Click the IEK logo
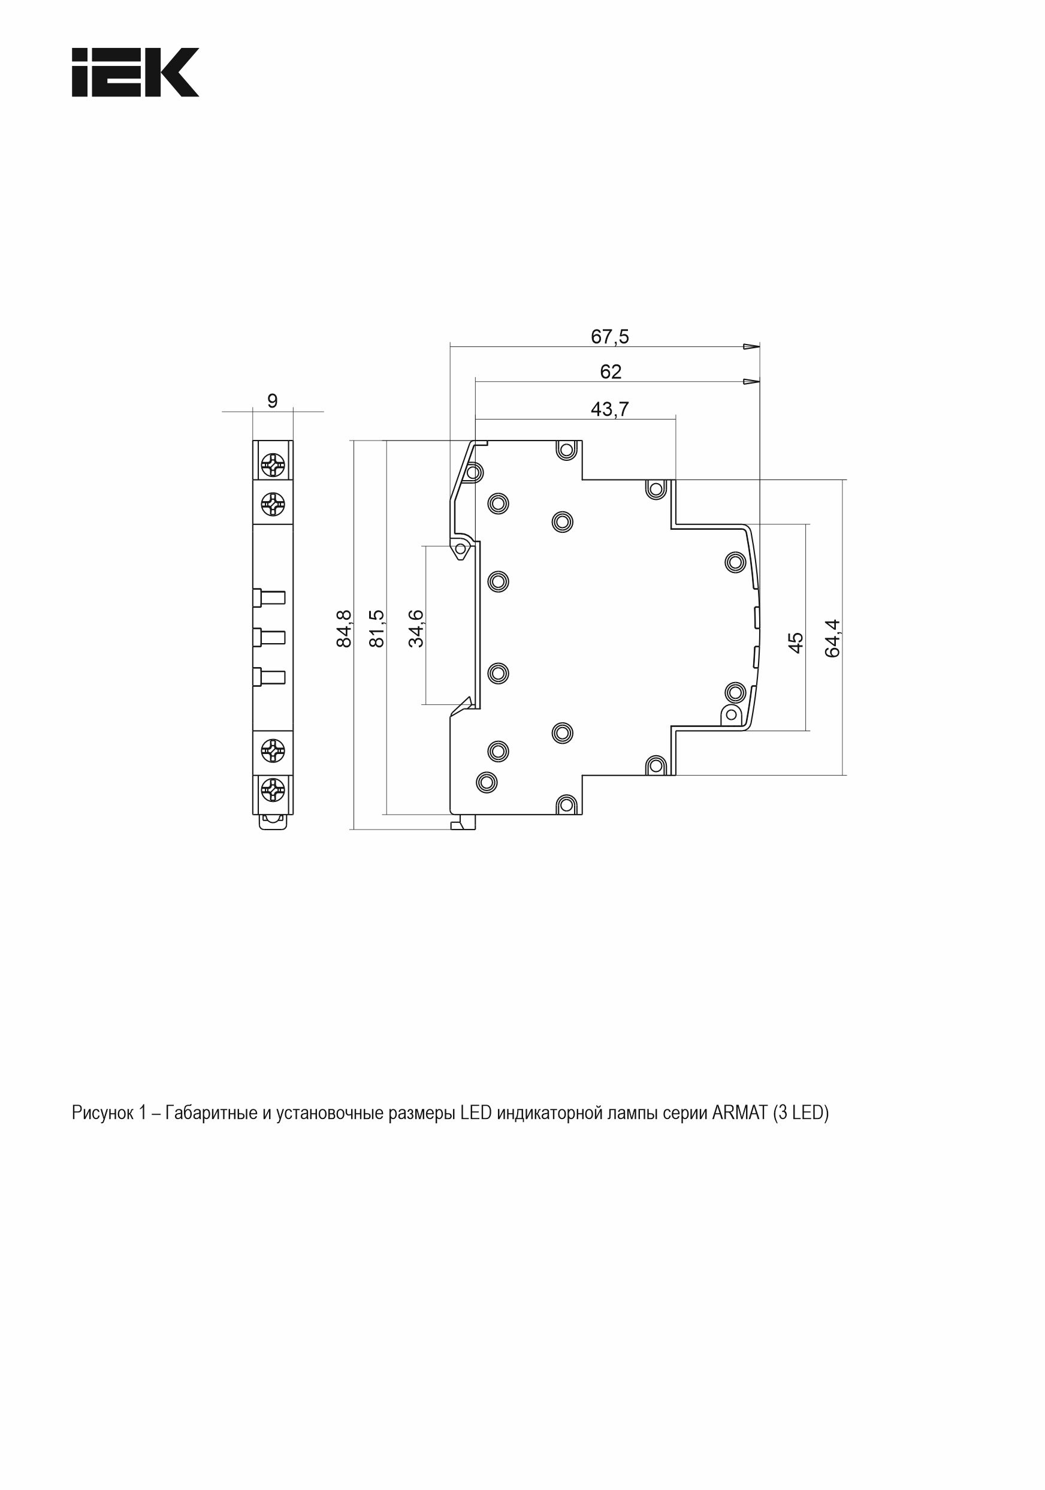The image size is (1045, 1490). click(135, 72)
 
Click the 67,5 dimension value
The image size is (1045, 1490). click(610, 336)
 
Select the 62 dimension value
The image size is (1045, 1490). click(611, 371)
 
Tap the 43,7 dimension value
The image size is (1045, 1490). click(610, 409)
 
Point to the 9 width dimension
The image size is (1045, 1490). click(273, 401)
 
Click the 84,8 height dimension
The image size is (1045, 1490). click(344, 628)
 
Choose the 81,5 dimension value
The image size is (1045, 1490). click(376, 628)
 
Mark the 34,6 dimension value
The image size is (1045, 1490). click(416, 628)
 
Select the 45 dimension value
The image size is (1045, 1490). click(795, 643)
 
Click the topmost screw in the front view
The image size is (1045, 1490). click(273, 465)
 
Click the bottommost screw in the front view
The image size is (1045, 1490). click(273, 790)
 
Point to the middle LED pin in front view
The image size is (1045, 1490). click(269, 637)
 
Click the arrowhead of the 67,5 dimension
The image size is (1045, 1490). click(752, 346)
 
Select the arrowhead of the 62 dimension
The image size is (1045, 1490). click(752, 382)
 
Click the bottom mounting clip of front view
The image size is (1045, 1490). click(273, 822)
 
